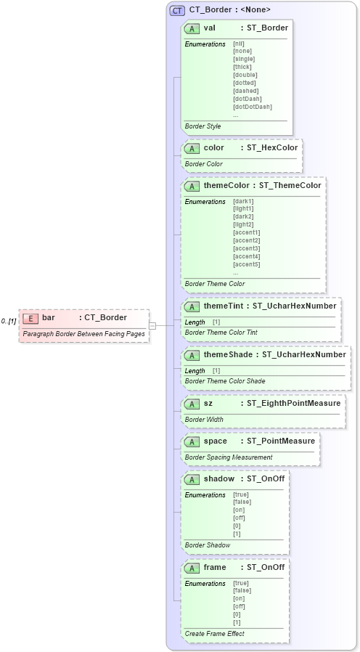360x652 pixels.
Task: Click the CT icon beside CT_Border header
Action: tap(177, 10)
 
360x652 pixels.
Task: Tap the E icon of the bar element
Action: tap(30, 317)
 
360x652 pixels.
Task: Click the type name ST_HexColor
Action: tap(272, 148)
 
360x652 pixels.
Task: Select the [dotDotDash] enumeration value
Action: tap(253, 107)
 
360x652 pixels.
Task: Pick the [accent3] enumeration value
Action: tap(247, 248)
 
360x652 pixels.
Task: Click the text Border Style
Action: tap(202, 126)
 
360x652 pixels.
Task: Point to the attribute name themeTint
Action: tap(223, 306)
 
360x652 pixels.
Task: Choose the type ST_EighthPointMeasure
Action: tap(292, 403)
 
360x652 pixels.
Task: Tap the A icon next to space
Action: tap(192, 441)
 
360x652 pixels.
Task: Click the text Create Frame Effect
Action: tap(214, 634)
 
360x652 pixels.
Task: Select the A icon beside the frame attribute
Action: tap(192, 568)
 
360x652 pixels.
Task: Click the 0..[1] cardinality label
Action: tap(9, 321)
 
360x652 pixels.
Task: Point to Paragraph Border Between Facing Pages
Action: tap(83, 334)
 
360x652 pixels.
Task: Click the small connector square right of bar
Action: tap(152, 326)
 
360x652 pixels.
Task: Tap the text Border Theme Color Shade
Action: tap(224, 381)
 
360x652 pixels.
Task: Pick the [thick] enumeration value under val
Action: tap(242, 67)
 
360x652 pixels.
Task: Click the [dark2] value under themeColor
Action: tap(244, 216)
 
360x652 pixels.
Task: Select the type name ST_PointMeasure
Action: tap(279, 441)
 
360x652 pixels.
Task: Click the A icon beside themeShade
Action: tap(192, 355)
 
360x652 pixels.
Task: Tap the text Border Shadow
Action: tap(208, 545)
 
